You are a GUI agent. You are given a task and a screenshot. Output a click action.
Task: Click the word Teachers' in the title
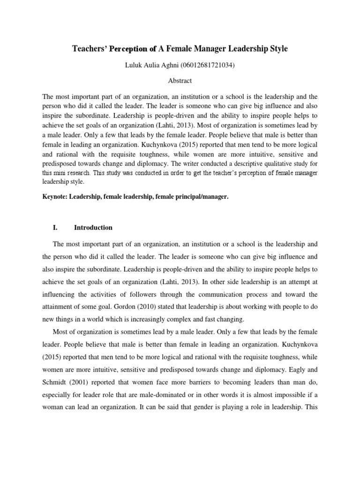point(89,49)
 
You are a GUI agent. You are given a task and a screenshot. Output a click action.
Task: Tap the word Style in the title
point(276,49)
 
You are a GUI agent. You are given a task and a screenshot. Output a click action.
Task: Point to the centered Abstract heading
point(180,81)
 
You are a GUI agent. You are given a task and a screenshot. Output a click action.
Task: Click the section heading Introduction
point(93,227)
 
